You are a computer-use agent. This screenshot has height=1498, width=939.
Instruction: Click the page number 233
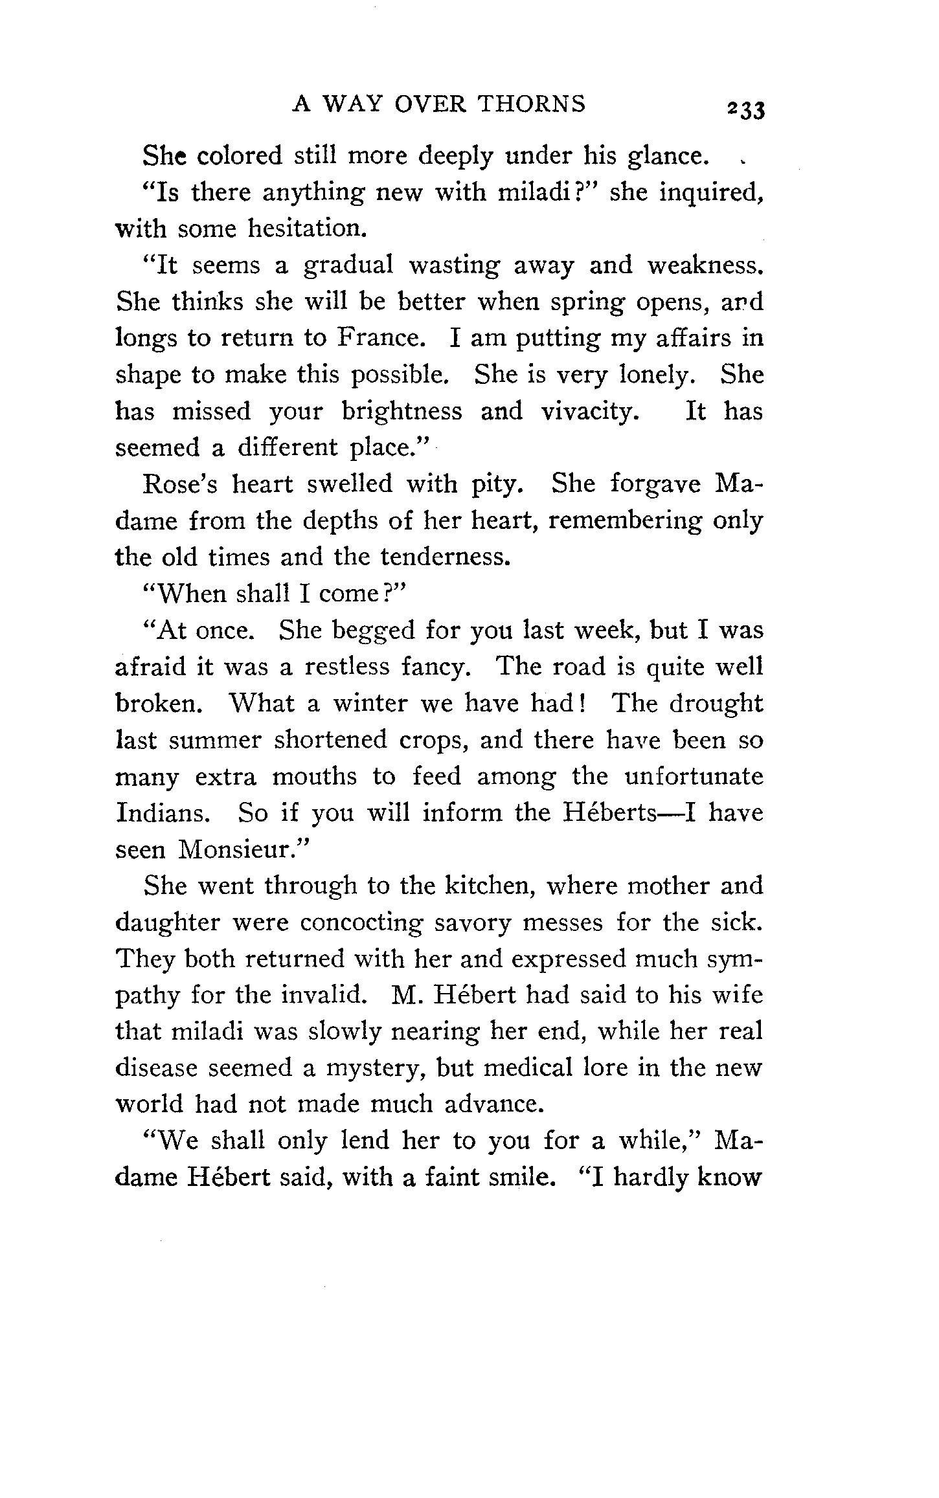(745, 109)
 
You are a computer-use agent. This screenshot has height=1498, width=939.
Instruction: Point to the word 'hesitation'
(304, 229)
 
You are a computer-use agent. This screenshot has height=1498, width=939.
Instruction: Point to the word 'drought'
(716, 704)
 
